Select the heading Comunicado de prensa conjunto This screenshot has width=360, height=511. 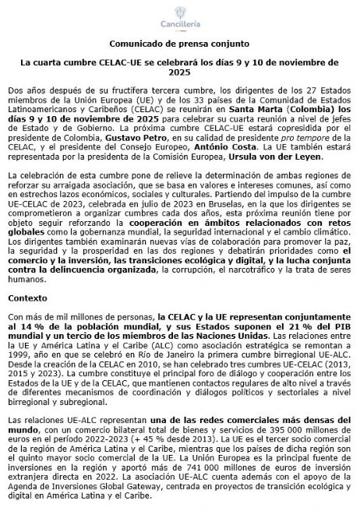pos(179,44)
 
